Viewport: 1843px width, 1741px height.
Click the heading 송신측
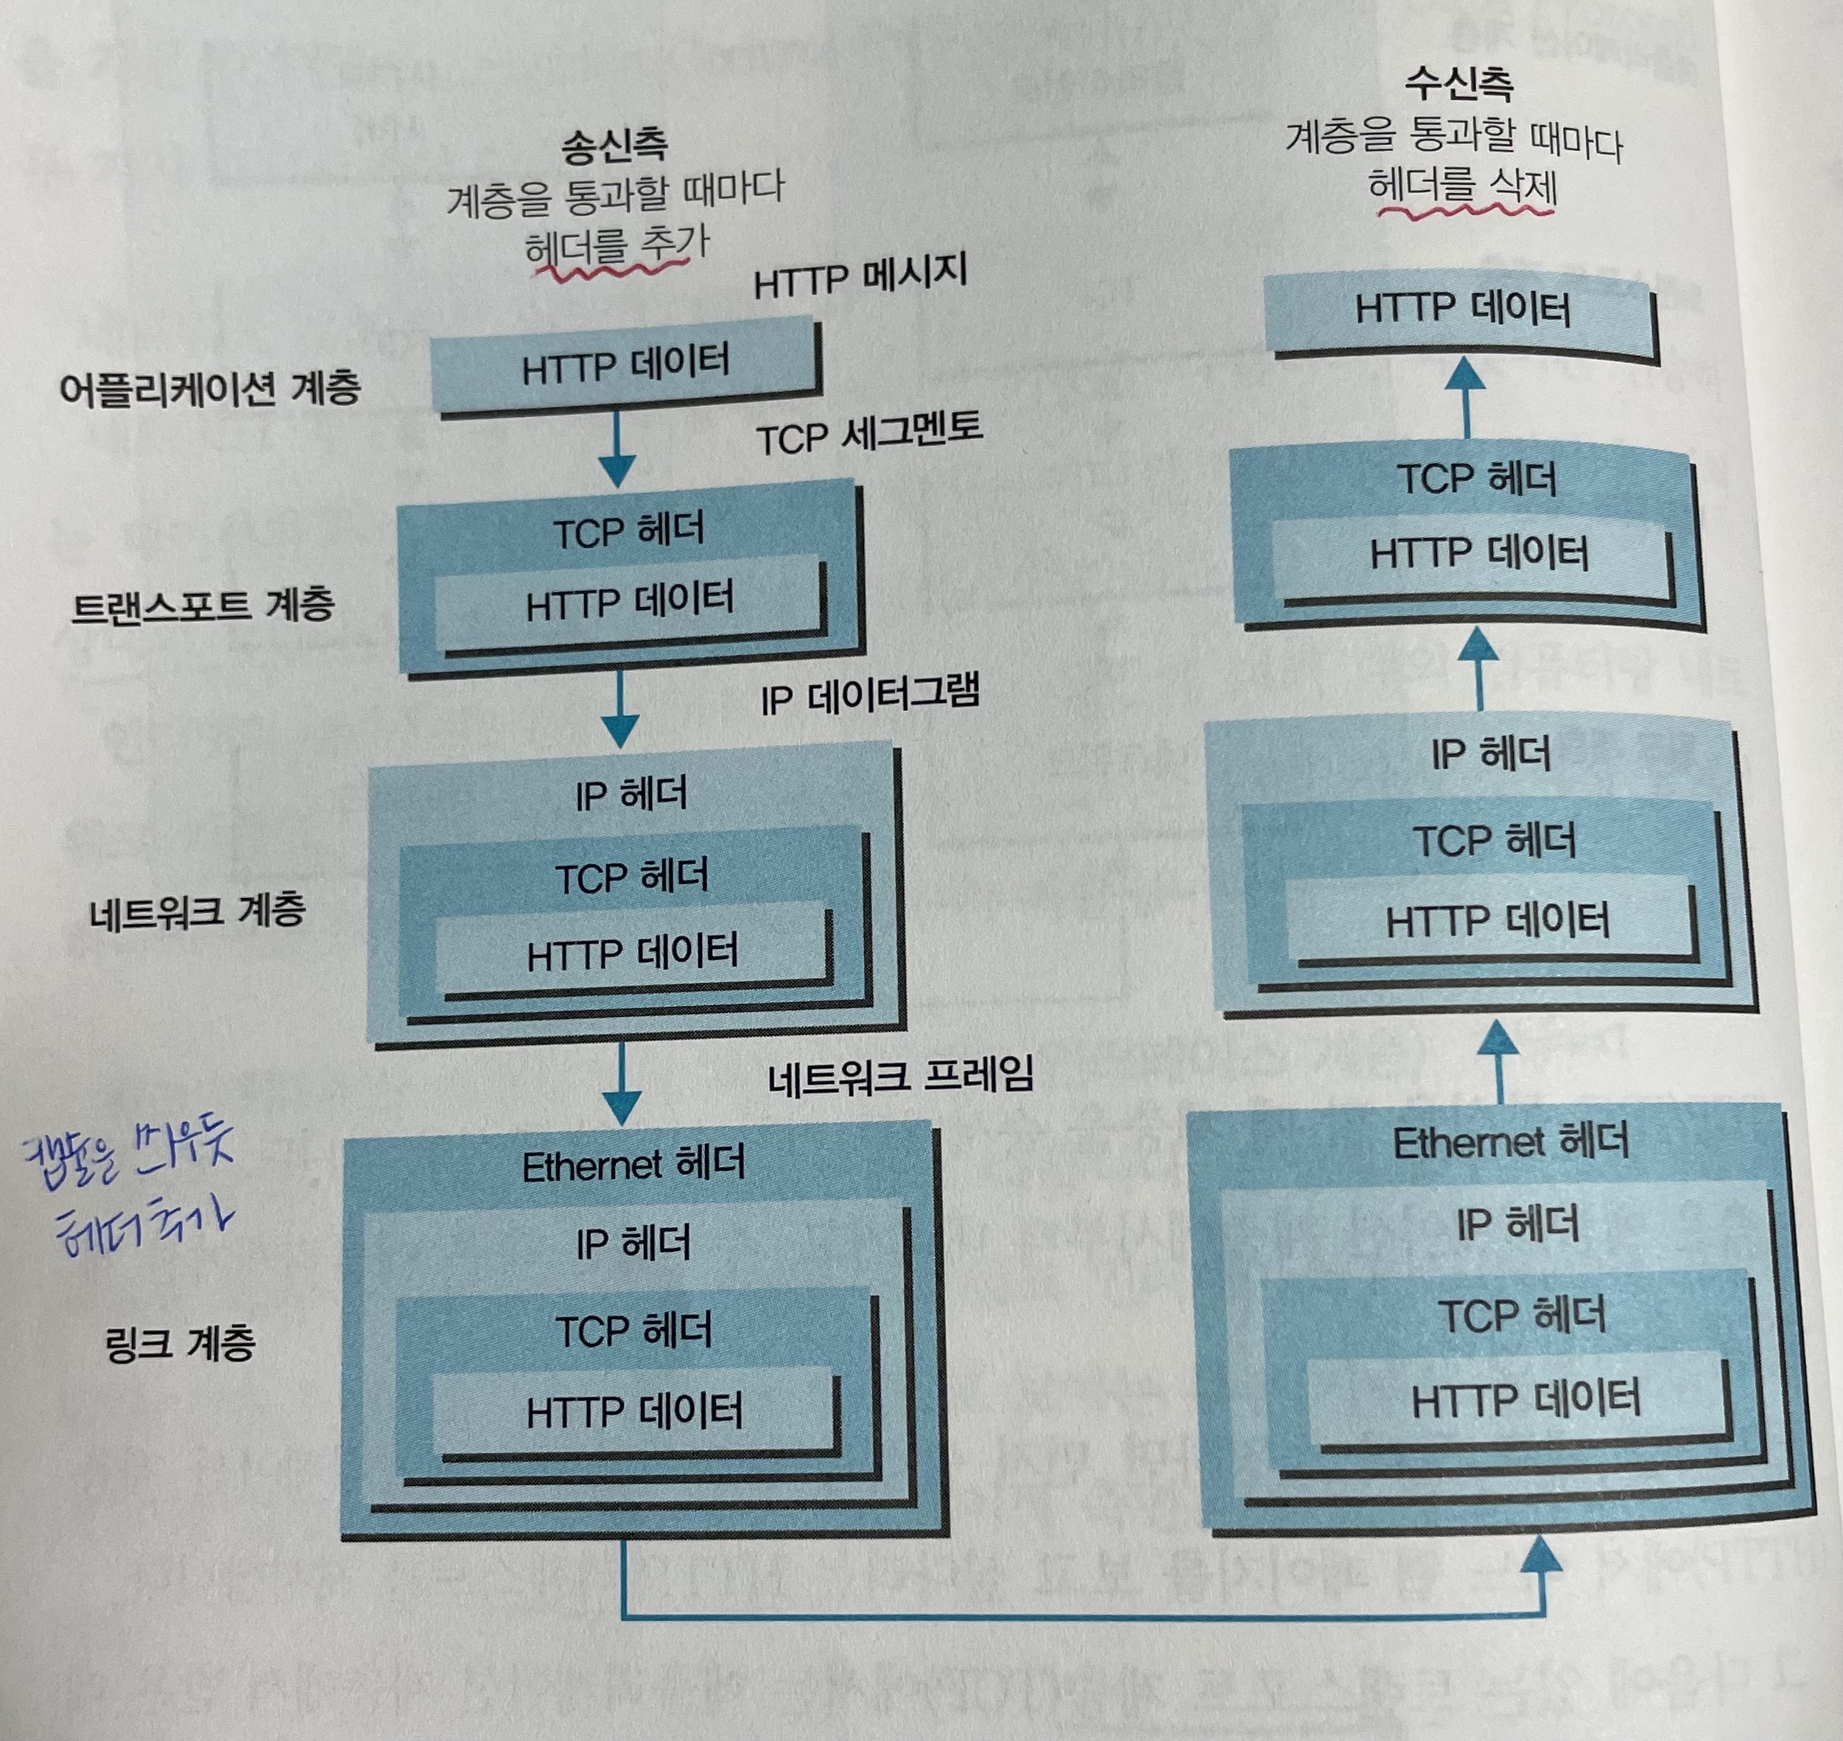click(x=614, y=147)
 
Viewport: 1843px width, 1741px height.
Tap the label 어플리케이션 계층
click(x=210, y=388)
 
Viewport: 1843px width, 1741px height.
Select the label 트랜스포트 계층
click(x=203, y=606)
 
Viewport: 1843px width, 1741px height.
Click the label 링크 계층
click(x=180, y=1343)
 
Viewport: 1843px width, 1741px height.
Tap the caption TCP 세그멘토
click(x=868, y=434)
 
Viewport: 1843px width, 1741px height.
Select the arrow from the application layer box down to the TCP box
click(x=617, y=450)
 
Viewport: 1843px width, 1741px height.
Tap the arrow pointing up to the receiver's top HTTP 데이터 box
click(x=1467, y=394)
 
